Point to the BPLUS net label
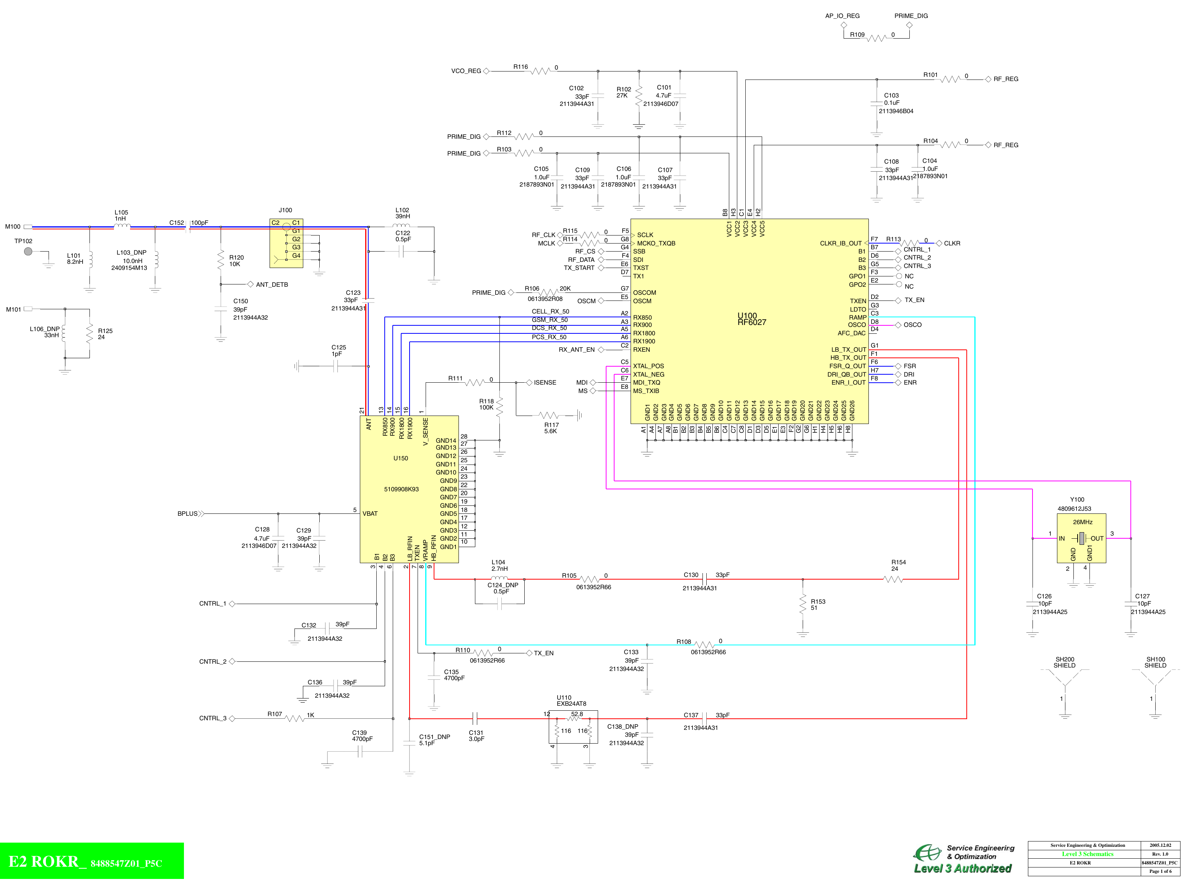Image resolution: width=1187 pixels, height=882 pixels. tap(187, 513)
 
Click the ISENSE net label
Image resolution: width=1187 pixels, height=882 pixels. tap(545, 383)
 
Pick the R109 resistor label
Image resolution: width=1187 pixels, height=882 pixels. tap(857, 35)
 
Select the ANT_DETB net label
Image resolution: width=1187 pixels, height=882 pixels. tap(272, 284)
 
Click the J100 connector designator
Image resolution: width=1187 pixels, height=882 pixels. tap(285, 210)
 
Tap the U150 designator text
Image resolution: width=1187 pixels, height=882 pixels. tap(400, 458)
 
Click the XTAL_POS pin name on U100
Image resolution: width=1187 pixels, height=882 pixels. tap(648, 366)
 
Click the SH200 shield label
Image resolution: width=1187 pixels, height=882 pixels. tap(1064, 663)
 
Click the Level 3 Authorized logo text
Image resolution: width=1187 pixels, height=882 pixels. tap(962, 869)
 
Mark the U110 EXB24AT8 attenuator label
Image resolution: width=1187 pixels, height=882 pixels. tap(571, 700)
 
